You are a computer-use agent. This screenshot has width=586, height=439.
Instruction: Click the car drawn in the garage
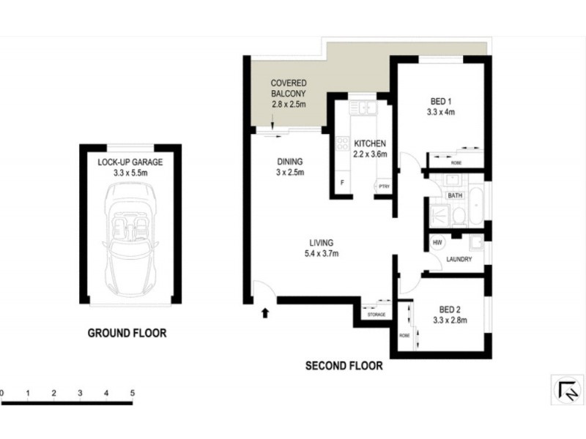pyautogui.click(x=130, y=240)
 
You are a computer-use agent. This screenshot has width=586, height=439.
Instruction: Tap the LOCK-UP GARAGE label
pyautogui.click(x=130, y=162)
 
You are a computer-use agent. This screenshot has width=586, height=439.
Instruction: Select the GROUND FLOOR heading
pyautogui.click(x=127, y=333)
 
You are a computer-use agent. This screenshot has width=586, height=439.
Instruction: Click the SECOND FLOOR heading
pyautogui.click(x=344, y=366)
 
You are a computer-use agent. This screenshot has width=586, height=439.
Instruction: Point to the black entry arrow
pyautogui.click(x=265, y=314)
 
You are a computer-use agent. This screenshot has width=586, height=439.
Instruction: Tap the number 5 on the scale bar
pyautogui.click(x=133, y=394)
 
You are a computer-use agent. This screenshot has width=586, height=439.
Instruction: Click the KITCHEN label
pyautogui.click(x=370, y=143)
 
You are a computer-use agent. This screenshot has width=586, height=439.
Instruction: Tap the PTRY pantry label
pyautogui.click(x=384, y=187)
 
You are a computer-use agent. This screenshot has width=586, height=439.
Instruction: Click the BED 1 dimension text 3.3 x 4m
pyautogui.click(x=441, y=113)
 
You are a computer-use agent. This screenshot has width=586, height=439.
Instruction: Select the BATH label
pyautogui.click(x=455, y=195)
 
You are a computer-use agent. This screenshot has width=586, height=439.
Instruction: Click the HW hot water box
pyautogui.click(x=437, y=243)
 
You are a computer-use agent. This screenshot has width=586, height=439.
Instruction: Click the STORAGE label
pyautogui.click(x=377, y=315)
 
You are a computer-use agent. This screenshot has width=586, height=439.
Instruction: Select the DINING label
pyautogui.click(x=289, y=162)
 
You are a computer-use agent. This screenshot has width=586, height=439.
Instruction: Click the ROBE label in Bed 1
pyautogui.click(x=456, y=162)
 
